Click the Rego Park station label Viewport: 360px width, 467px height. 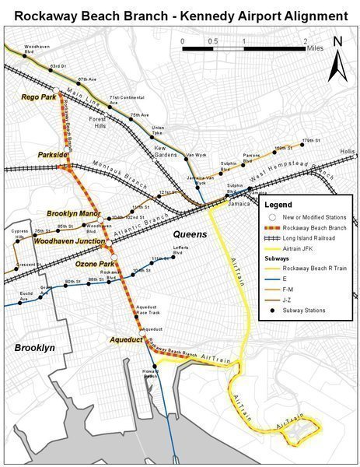pos(38,97)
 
